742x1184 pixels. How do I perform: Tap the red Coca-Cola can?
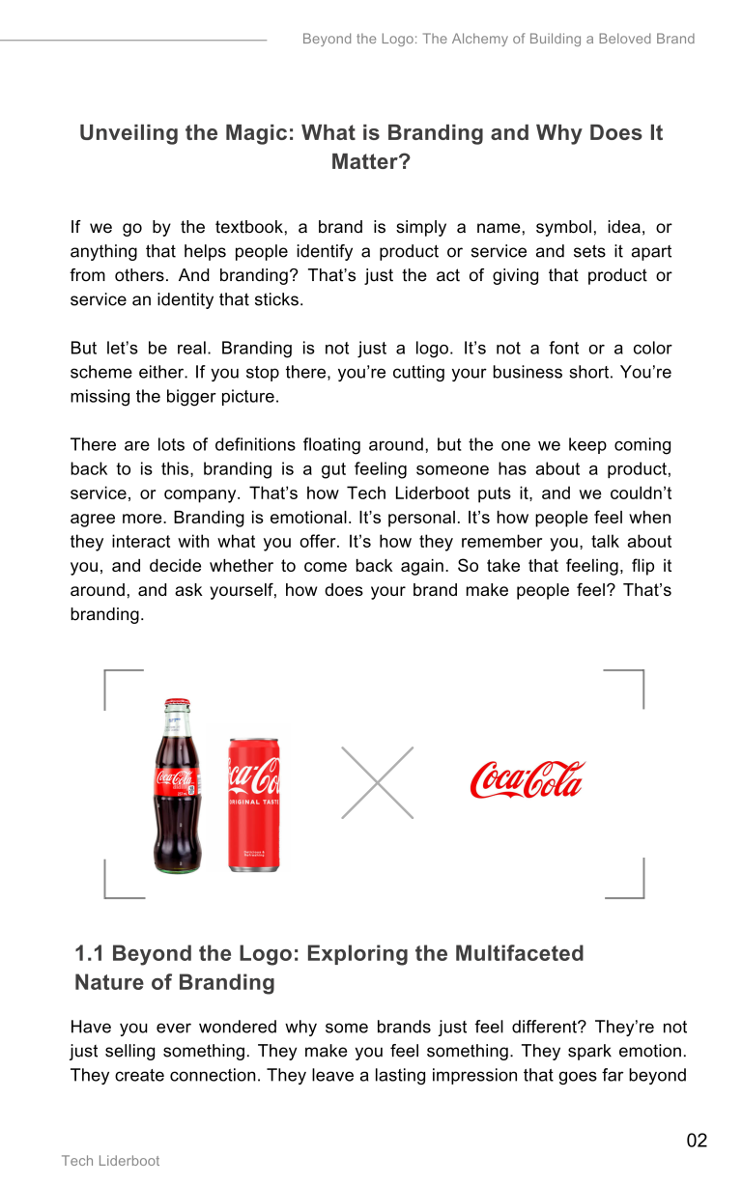(253, 803)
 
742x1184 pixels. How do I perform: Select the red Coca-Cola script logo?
(528, 779)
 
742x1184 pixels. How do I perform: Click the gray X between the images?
(377, 782)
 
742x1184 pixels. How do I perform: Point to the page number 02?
(697, 1141)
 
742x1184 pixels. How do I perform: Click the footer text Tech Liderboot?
(110, 1161)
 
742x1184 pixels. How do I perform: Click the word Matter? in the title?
(371, 162)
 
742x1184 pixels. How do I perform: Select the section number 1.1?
(90, 954)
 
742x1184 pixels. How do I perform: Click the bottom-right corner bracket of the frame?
(638, 891)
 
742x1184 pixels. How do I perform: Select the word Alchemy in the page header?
(454, 40)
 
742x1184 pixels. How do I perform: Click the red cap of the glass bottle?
(177, 703)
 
